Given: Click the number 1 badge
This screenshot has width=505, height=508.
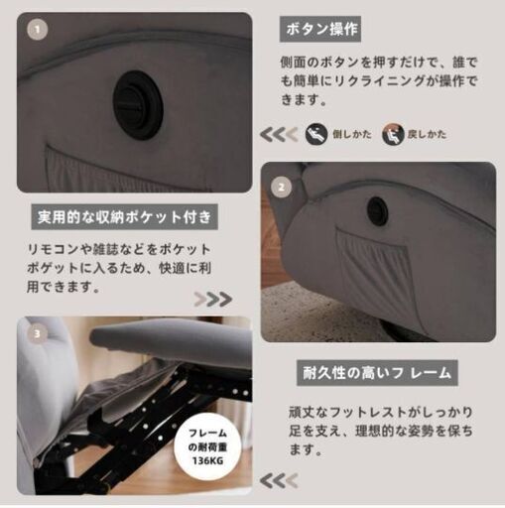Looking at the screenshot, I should click(37, 31).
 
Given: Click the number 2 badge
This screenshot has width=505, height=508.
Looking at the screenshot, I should click(281, 186).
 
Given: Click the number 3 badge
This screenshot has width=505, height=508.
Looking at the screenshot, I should click(37, 334).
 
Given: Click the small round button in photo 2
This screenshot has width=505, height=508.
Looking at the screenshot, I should click(376, 211).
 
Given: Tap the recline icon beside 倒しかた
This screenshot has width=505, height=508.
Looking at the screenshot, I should click(316, 132).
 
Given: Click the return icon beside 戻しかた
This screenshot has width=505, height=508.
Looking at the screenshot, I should click(392, 132).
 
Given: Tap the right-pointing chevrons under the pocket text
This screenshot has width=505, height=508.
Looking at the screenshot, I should click(212, 299).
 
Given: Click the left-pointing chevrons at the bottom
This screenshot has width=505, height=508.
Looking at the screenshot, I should click(278, 481).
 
